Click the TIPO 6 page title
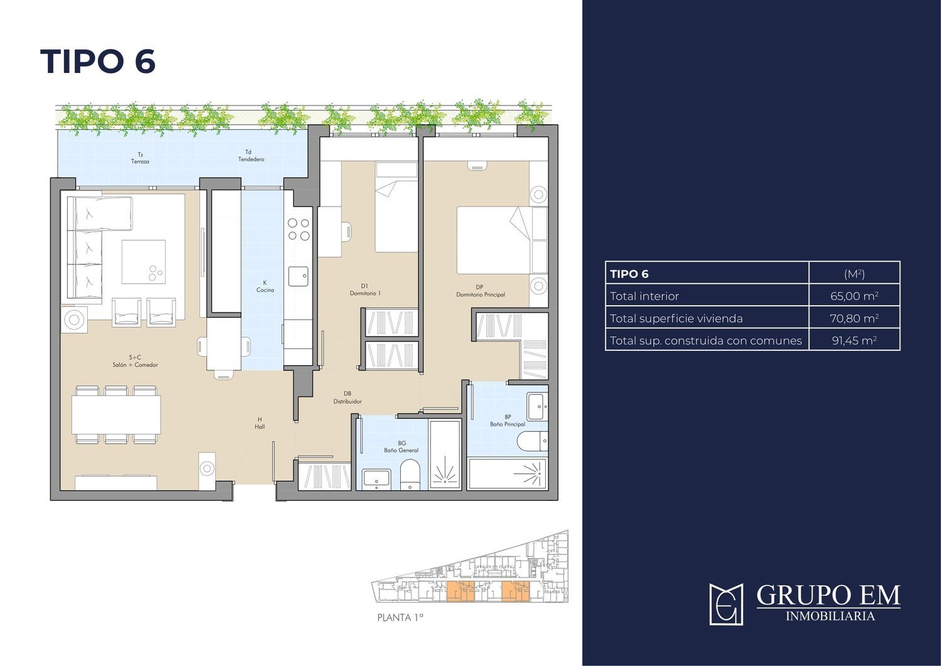tap(98, 62)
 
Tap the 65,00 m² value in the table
tap(854, 296)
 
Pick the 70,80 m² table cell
tap(854, 318)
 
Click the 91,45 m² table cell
tap(854, 341)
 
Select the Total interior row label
tap(644, 296)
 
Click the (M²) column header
tap(854, 274)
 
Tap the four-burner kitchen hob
tap(299, 230)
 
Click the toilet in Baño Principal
tap(533, 441)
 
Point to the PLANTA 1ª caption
tap(400, 618)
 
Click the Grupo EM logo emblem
tap(726, 604)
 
